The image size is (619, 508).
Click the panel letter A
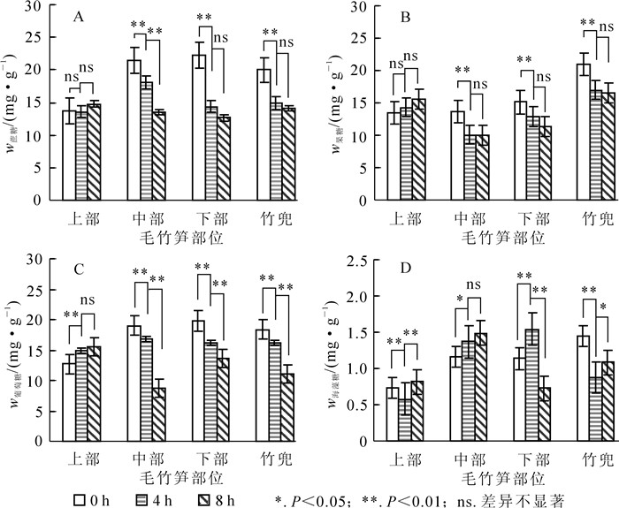click(x=80, y=16)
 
